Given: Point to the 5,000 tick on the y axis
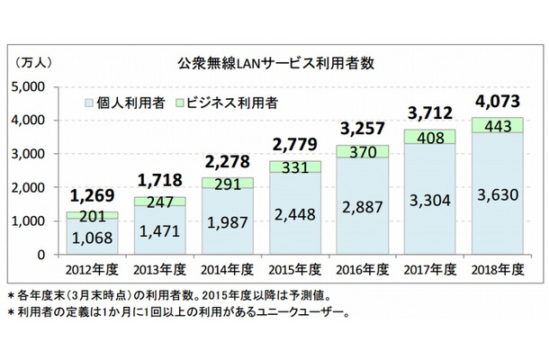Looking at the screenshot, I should click(x=31, y=87).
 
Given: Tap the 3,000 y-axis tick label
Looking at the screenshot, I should click(x=31, y=154).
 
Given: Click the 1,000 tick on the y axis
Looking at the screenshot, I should click(x=31, y=221).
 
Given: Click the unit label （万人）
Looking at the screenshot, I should click(x=33, y=62).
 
